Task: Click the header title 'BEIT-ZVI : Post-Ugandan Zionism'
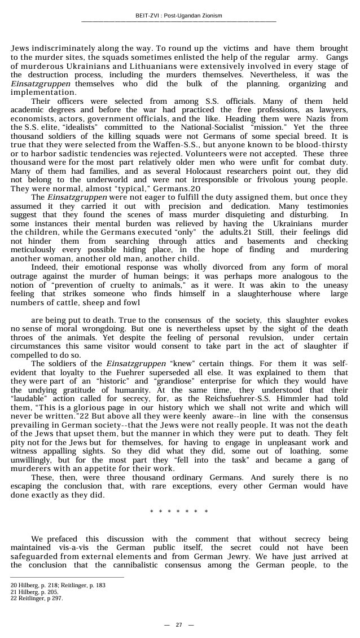(179, 15)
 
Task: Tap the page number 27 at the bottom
(179, 624)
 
